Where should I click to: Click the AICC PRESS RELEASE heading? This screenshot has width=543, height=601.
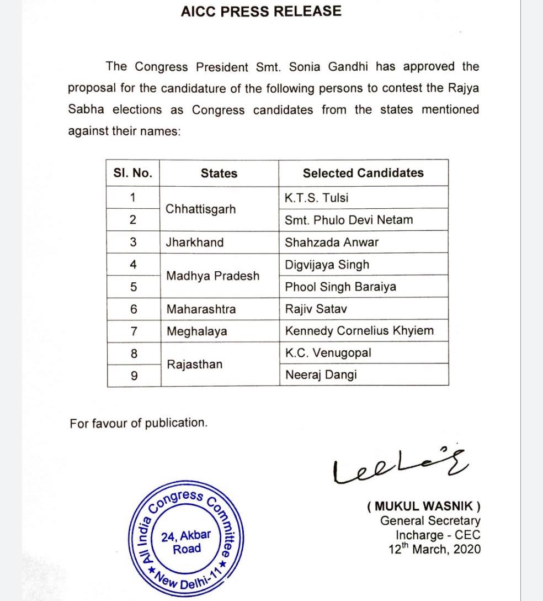[x=261, y=12]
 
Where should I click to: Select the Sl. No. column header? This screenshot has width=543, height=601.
[x=132, y=173]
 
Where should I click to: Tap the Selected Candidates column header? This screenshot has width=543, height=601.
[x=363, y=173]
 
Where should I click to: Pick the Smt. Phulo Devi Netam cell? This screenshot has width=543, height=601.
[x=349, y=220]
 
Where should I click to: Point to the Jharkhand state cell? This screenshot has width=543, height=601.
[x=195, y=242]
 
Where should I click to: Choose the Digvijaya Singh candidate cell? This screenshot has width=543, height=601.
[x=327, y=265]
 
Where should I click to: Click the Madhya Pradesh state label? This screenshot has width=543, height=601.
[x=212, y=276]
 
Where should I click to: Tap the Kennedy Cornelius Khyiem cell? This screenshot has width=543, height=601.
[x=359, y=331]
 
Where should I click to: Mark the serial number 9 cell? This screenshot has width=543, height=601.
[x=133, y=376]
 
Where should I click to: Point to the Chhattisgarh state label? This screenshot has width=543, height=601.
[x=200, y=209]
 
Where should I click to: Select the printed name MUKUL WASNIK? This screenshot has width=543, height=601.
[x=423, y=506]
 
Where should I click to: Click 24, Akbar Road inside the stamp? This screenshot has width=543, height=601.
[x=187, y=543]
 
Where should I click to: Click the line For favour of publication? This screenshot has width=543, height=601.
[x=139, y=424]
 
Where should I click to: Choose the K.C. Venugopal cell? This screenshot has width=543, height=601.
[x=328, y=354]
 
